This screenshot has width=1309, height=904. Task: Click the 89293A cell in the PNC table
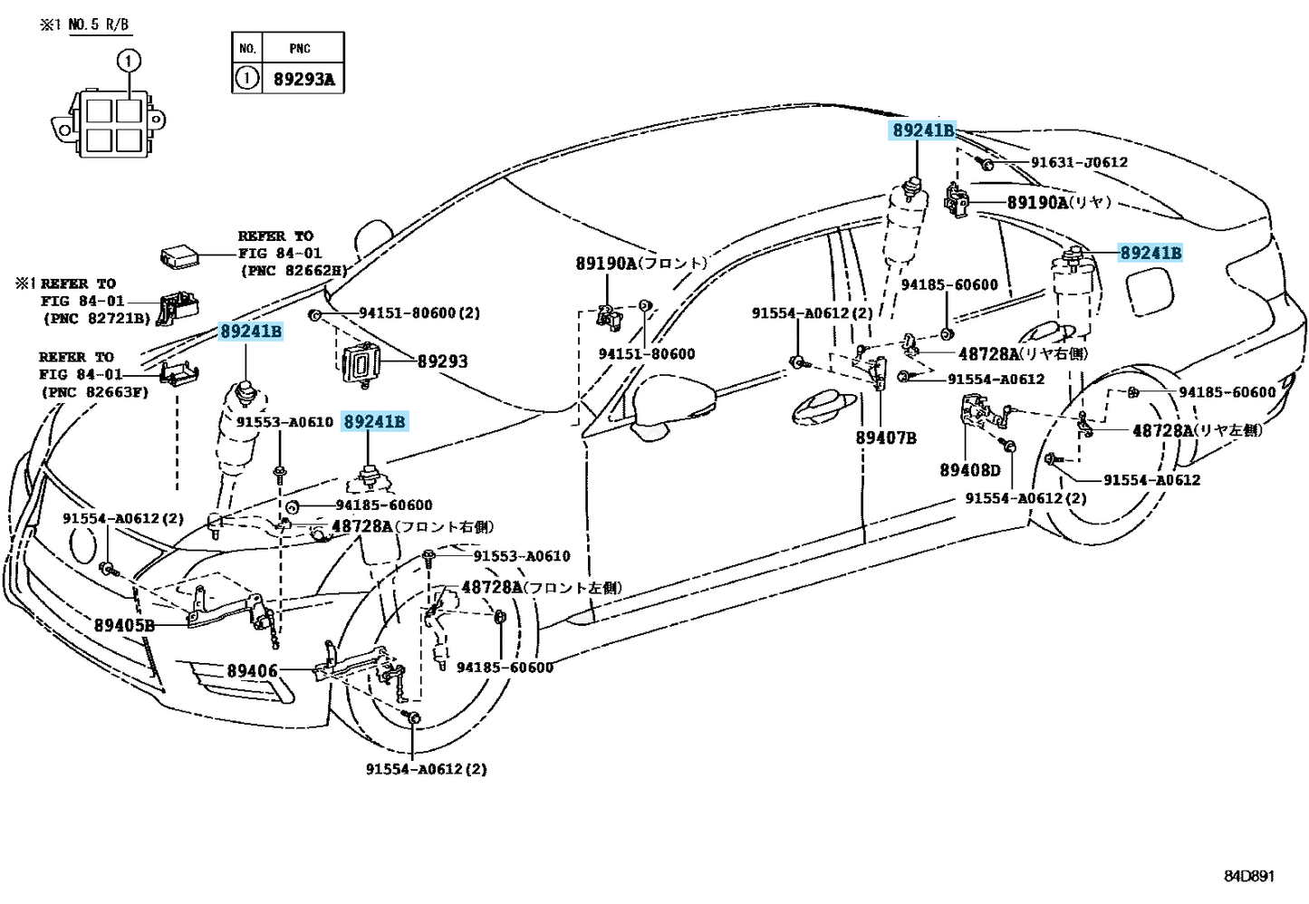pos(303,79)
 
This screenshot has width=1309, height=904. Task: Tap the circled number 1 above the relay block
pos(129,61)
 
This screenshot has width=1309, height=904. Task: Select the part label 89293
pos(442,361)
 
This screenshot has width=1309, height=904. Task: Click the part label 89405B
pos(124,625)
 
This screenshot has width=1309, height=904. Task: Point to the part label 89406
pos(252,671)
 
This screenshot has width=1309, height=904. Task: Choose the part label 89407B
pos(885,438)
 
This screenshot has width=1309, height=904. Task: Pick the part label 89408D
pos(969,470)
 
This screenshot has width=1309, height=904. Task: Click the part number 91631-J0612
pos(1079,162)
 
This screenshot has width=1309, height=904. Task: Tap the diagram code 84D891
pos(1249,876)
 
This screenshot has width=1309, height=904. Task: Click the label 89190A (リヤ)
pos(1058,202)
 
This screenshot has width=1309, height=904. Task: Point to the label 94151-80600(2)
pos(419,313)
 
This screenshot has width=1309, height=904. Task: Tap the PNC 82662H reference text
pos(293,270)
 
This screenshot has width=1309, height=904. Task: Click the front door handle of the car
pos(827,409)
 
